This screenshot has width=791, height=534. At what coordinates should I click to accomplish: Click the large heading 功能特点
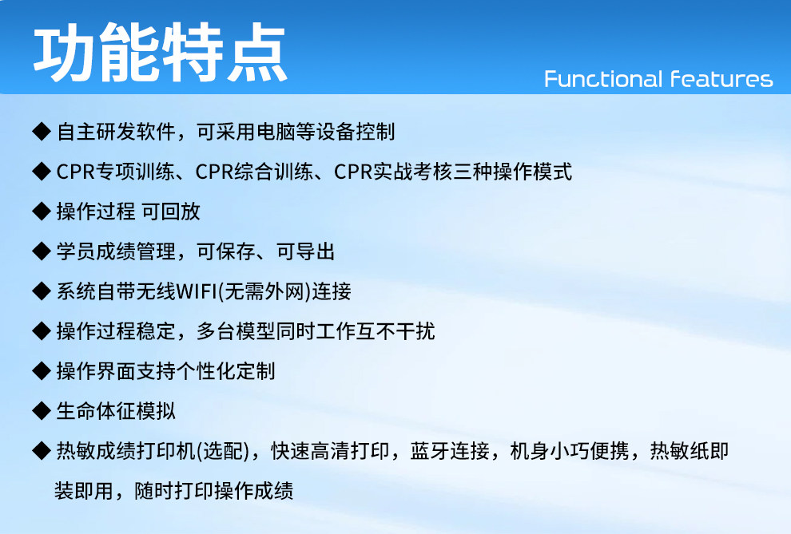click(161, 52)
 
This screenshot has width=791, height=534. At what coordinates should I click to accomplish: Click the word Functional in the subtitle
click(603, 79)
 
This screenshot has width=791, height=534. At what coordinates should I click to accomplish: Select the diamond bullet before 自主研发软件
click(42, 132)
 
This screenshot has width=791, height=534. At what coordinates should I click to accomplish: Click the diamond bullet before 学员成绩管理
click(42, 251)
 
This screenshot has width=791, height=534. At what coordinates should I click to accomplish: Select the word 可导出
click(306, 251)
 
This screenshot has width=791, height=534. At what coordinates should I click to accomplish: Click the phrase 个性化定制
click(225, 371)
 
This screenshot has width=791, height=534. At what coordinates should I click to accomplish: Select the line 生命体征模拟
click(116, 411)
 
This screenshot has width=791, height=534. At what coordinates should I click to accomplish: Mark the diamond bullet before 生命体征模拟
click(42, 411)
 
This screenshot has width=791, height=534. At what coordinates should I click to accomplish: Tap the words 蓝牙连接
click(450, 451)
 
